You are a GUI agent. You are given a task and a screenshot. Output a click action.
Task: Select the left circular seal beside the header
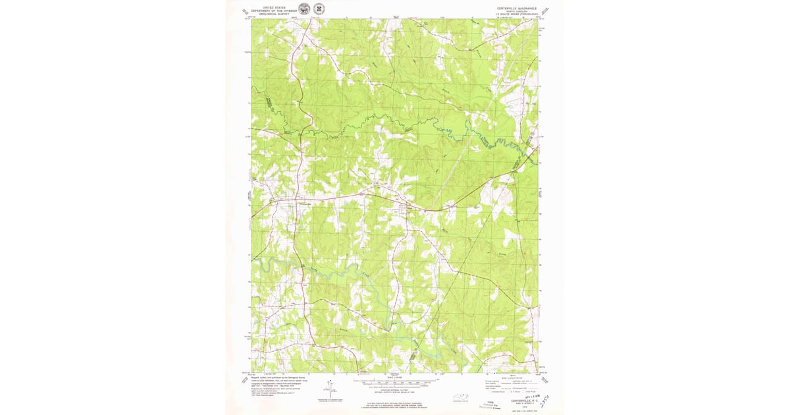pyautogui.click(x=303, y=9)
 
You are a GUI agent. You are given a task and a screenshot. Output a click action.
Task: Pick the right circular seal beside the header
pyautogui.click(x=319, y=9)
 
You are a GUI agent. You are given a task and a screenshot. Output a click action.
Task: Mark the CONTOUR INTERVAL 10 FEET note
pyautogui.click(x=395, y=393)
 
